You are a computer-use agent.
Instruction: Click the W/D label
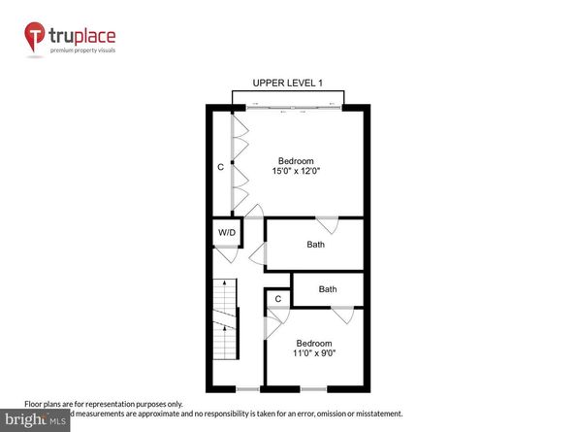click(226, 233)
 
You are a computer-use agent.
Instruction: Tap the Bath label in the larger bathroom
click(315, 245)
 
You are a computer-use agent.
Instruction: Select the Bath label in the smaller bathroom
click(328, 289)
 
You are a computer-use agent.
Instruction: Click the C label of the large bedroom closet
click(221, 167)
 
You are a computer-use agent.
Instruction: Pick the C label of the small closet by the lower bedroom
click(278, 299)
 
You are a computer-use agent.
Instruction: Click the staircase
click(224, 318)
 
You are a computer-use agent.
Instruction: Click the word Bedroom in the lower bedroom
click(313, 344)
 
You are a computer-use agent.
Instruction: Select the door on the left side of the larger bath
click(259, 255)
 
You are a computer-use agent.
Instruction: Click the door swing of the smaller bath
click(342, 314)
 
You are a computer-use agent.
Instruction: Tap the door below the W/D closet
click(226, 254)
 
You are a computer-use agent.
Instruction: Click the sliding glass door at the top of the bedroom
click(288, 106)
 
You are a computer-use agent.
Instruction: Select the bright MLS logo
click(34, 419)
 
